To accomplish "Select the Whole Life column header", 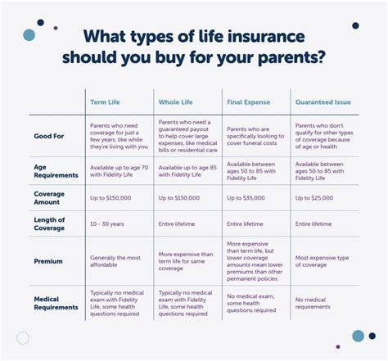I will (x=176, y=103).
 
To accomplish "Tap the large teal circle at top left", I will (x=29, y=34).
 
